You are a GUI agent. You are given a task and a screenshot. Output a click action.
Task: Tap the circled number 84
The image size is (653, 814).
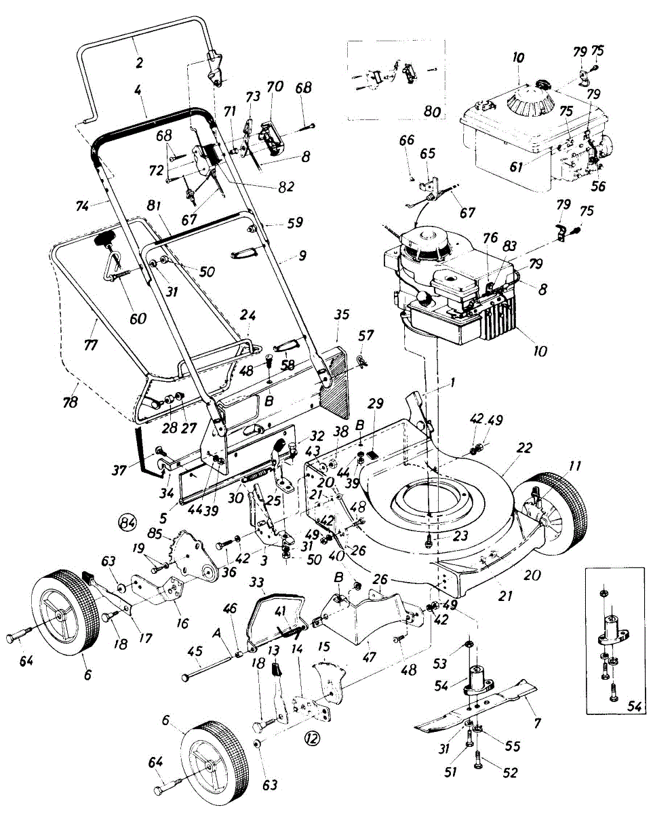pos(126,522)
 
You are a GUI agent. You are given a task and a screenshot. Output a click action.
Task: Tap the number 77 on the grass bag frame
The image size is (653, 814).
pos(90,345)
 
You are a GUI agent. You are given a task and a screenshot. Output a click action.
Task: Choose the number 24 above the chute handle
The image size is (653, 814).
pos(248,315)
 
